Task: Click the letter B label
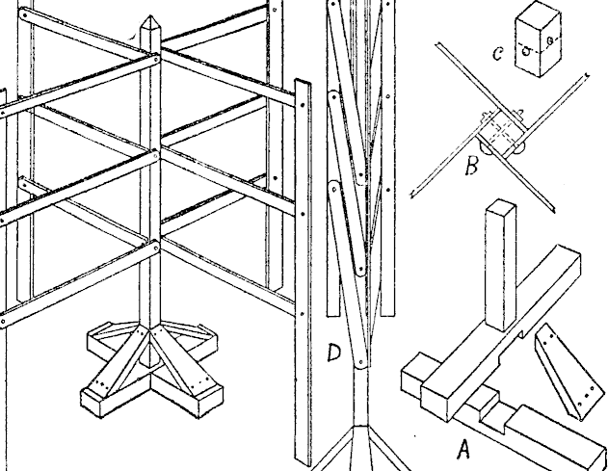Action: (x=470, y=168)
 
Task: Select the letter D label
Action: (x=334, y=354)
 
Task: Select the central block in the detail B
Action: (x=502, y=131)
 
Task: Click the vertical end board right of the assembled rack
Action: (x=304, y=270)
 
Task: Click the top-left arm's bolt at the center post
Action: (x=154, y=60)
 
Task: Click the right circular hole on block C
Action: (x=548, y=41)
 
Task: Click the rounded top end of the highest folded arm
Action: (x=334, y=8)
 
